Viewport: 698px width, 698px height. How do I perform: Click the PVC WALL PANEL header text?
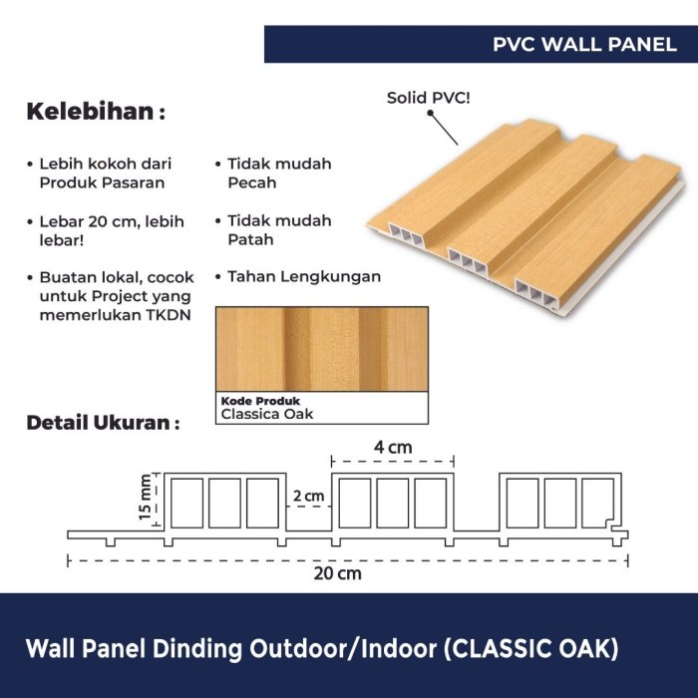point(584,45)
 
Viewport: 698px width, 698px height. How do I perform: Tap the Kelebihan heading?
point(95,111)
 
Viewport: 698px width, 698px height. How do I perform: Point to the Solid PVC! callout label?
point(429,98)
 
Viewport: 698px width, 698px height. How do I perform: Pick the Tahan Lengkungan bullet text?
point(304,276)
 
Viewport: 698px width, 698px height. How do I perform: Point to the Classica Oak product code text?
point(266,413)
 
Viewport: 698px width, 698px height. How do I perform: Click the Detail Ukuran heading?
point(102,423)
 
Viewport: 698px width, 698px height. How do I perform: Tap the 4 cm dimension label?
point(393,447)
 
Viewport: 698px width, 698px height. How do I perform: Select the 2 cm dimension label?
point(309,496)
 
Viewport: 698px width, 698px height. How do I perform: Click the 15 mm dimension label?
point(146,499)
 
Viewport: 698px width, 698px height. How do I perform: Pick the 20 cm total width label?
point(341,573)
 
